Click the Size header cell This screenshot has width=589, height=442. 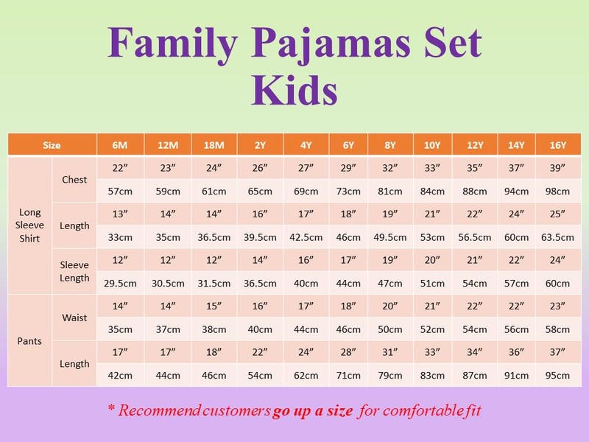tap(52, 145)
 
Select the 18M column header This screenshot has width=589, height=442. tap(214, 145)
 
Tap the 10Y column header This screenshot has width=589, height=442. tap(432, 145)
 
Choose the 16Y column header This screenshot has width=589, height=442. tap(558, 145)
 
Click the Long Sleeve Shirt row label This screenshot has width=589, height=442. tap(29, 225)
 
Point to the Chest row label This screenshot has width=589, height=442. tap(74, 180)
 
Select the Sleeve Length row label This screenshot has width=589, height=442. tap(74, 271)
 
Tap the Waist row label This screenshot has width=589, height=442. tap(74, 318)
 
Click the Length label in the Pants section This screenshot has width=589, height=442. tap(74, 364)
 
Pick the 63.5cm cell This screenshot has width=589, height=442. tap(557, 237)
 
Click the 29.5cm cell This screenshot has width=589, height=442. tap(120, 284)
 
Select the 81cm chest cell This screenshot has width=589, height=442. tap(390, 192)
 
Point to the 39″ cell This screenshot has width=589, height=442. tap(557, 168)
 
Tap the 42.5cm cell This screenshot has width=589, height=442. tap(306, 237)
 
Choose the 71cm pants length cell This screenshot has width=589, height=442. tap(348, 376)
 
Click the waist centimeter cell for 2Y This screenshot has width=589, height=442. tap(260, 329)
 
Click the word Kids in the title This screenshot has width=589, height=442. tap(294, 91)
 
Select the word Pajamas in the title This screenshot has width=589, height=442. tap(331, 44)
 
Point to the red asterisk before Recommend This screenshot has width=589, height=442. tap(111, 407)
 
